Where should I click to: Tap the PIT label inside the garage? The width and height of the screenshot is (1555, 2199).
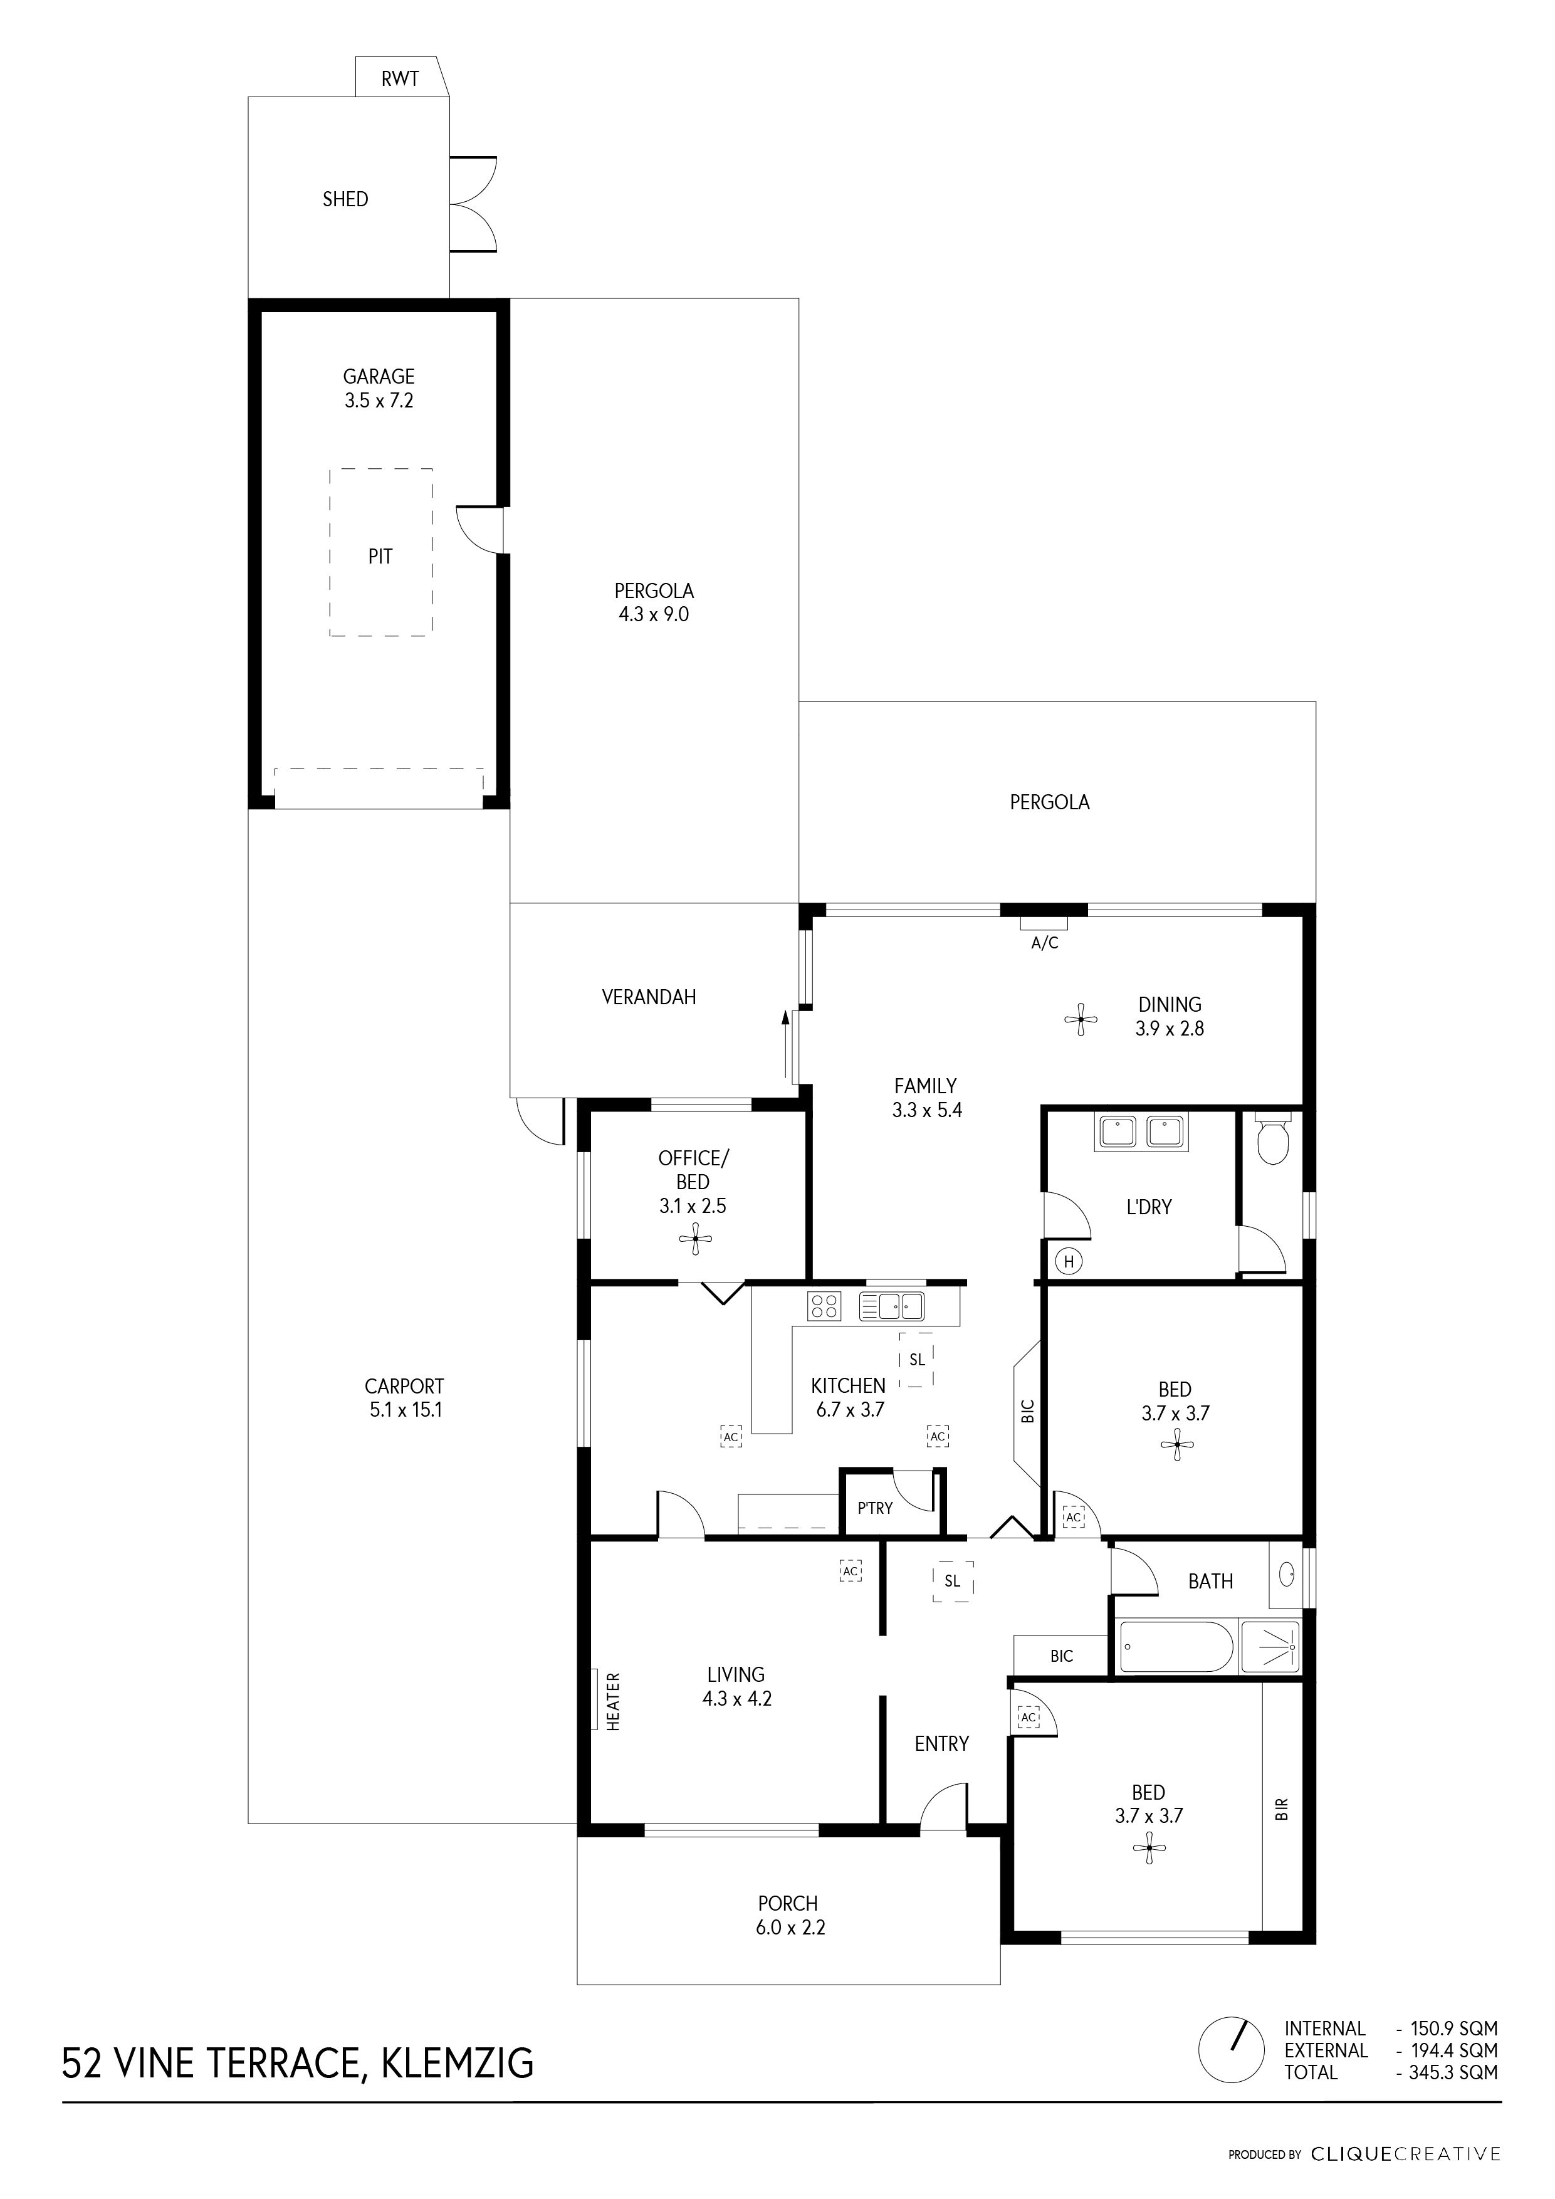(380, 557)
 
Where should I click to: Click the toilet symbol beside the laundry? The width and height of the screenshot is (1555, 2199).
(1272, 1141)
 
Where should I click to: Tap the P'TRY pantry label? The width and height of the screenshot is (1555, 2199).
(874, 1508)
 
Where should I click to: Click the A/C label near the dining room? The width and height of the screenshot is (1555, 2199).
(1045, 943)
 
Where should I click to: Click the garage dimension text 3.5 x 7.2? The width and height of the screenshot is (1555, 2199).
(379, 401)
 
